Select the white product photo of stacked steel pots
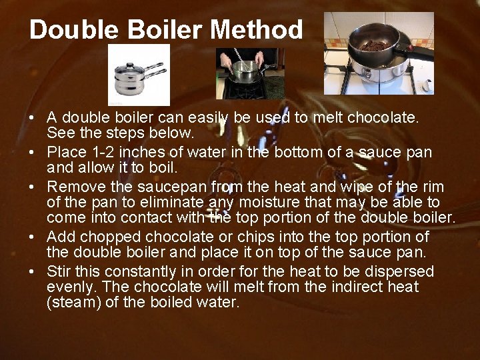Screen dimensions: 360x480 139,75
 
